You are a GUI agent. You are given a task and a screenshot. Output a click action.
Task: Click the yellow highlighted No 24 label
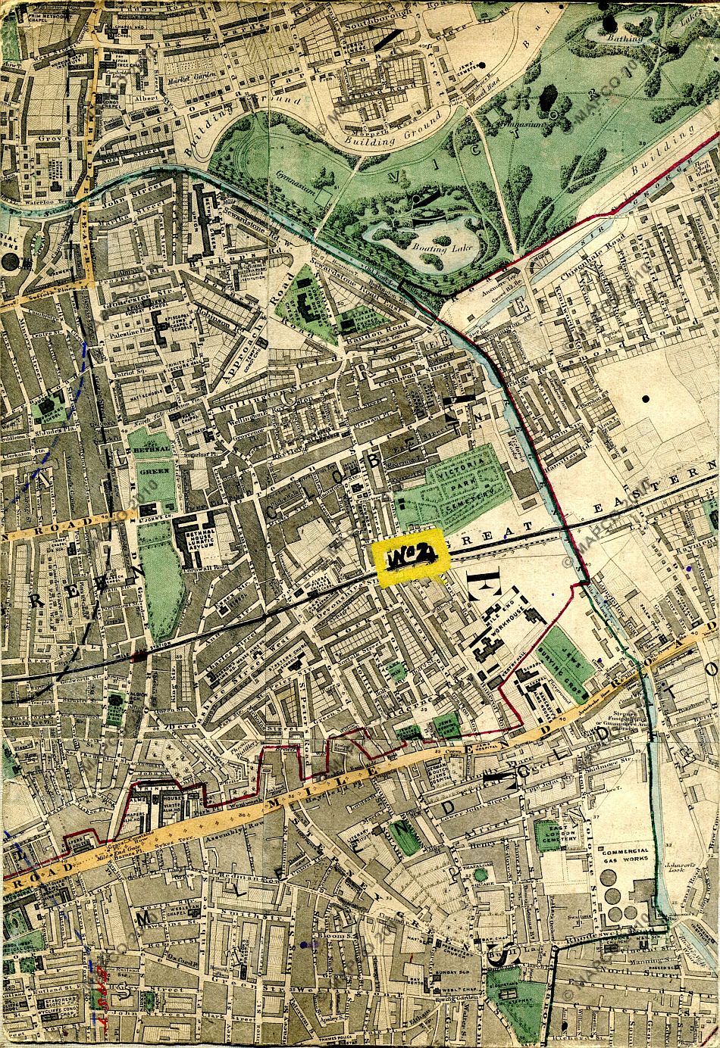(412, 559)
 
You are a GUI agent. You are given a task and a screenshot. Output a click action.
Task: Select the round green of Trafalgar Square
(481, 875)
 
